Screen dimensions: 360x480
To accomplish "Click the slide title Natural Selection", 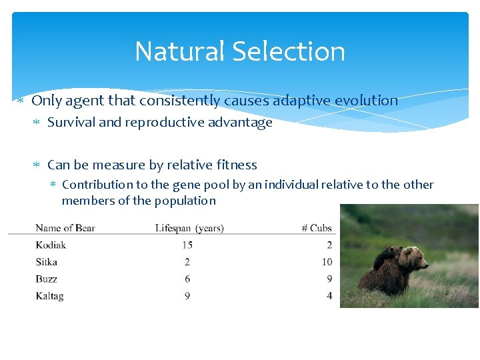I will pyautogui.click(x=240, y=51).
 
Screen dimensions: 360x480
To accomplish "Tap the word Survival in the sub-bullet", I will pyautogui.click(x=71, y=123).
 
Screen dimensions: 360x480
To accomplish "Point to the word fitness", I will pyautogui.click(x=236, y=165).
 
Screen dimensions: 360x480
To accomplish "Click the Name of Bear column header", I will pyautogui.click(x=65, y=228).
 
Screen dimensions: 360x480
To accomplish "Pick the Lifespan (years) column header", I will pyautogui.click(x=189, y=228).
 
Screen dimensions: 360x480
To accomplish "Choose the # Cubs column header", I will pyautogui.click(x=316, y=228).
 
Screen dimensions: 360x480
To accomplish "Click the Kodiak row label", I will pyautogui.click(x=51, y=245).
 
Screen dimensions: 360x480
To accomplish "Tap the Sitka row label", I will pyautogui.click(x=47, y=262).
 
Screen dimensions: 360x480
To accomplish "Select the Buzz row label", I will pyautogui.click(x=47, y=279).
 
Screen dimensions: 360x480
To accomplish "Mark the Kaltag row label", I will pyautogui.click(x=49, y=295).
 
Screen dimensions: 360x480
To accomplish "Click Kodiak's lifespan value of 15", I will pyautogui.click(x=187, y=245).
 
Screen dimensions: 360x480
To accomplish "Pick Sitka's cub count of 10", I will pyautogui.click(x=327, y=262).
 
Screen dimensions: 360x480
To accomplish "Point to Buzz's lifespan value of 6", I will pyautogui.click(x=187, y=279).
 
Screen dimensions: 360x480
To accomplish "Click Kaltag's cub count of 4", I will pyautogui.click(x=329, y=295).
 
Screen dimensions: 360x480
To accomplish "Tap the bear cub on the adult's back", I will pyautogui.click(x=389, y=255).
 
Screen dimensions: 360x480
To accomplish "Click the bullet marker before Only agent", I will pyautogui.click(x=21, y=101).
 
